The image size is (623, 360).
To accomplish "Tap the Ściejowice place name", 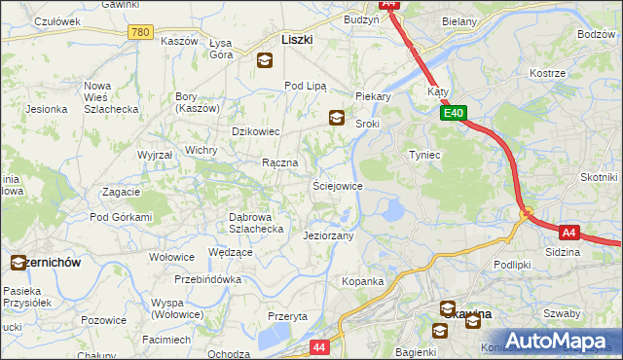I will (x=337, y=185).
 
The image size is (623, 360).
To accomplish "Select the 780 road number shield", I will (x=140, y=32).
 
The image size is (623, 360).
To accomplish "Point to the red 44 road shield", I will (x=319, y=345).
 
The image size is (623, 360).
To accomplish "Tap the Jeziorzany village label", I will (x=328, y=235).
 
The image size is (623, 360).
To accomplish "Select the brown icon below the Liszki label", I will (x=264, y=61).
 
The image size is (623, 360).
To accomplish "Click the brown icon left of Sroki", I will (x=336, y=118).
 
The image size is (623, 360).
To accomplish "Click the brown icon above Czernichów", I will (x=18, y=262).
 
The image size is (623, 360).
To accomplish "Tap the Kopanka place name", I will (x=362, y=281).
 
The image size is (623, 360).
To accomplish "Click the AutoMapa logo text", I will (x=559, y=341).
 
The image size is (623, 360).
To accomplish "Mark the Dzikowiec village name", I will (x=255, y=131).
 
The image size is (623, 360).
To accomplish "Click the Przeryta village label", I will (x=288, y=316).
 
